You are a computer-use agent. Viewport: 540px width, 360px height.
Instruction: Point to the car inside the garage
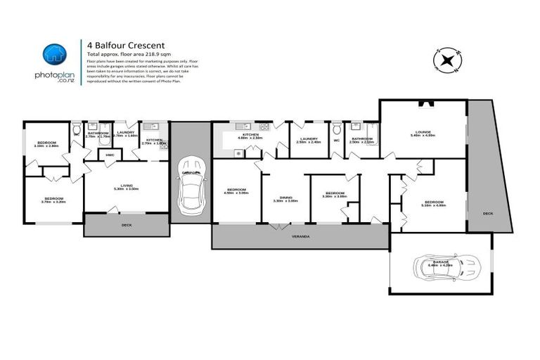[x=441, y=268]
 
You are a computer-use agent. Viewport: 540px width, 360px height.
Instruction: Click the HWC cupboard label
[x=109, y=155]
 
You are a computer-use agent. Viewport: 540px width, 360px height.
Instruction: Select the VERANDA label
[x=300, y=236]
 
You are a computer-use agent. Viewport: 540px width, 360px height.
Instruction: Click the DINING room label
[x=285, y=198]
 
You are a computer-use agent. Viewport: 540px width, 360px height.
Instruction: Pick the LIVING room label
[x=126, y=186]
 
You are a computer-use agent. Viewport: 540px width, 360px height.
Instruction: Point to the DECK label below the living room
[x=126, y=225]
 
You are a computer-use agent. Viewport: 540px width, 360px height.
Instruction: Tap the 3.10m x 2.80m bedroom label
[x=46, y=143]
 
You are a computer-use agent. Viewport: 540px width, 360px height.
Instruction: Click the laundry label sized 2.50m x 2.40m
[x=309, y=139]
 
